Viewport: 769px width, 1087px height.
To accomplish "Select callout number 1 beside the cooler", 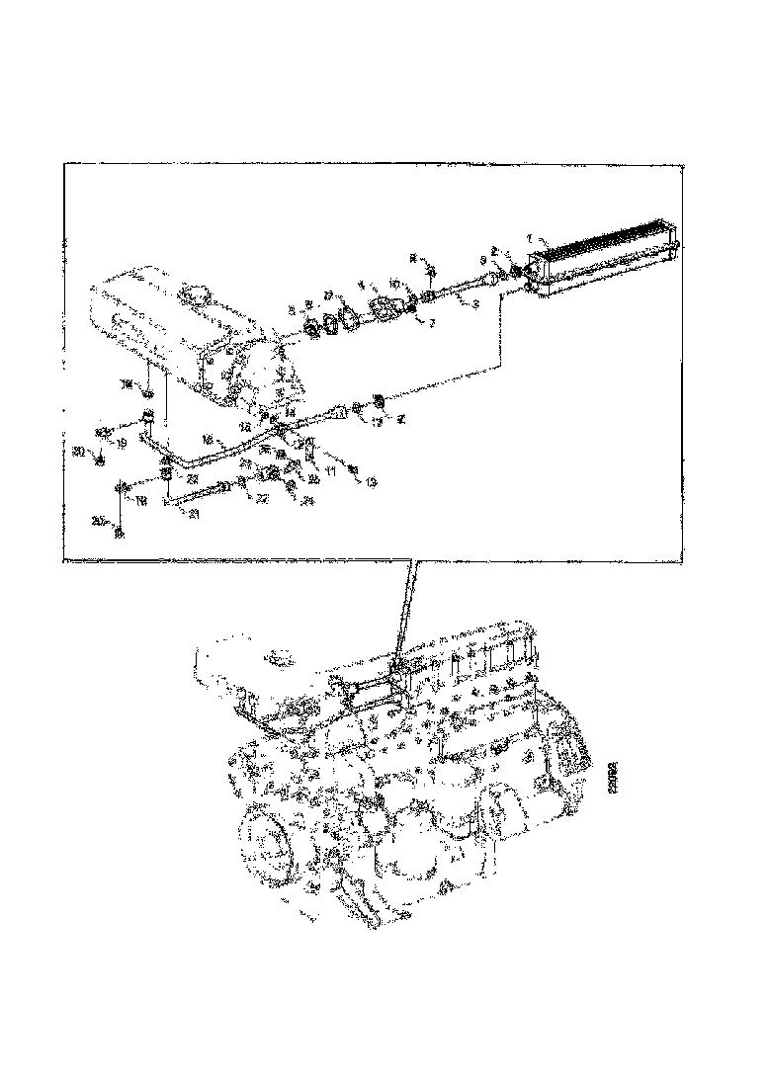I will (x=530, y=238).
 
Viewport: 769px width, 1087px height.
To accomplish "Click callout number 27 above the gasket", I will (x=329, y=294).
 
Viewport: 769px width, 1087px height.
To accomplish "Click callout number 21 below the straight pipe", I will (x=195, y=514).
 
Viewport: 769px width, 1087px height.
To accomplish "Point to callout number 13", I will (x=371, y=483).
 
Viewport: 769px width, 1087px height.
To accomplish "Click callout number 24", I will (x=307, y=500).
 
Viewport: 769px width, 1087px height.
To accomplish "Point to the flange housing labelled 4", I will (x=381, y=309).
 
